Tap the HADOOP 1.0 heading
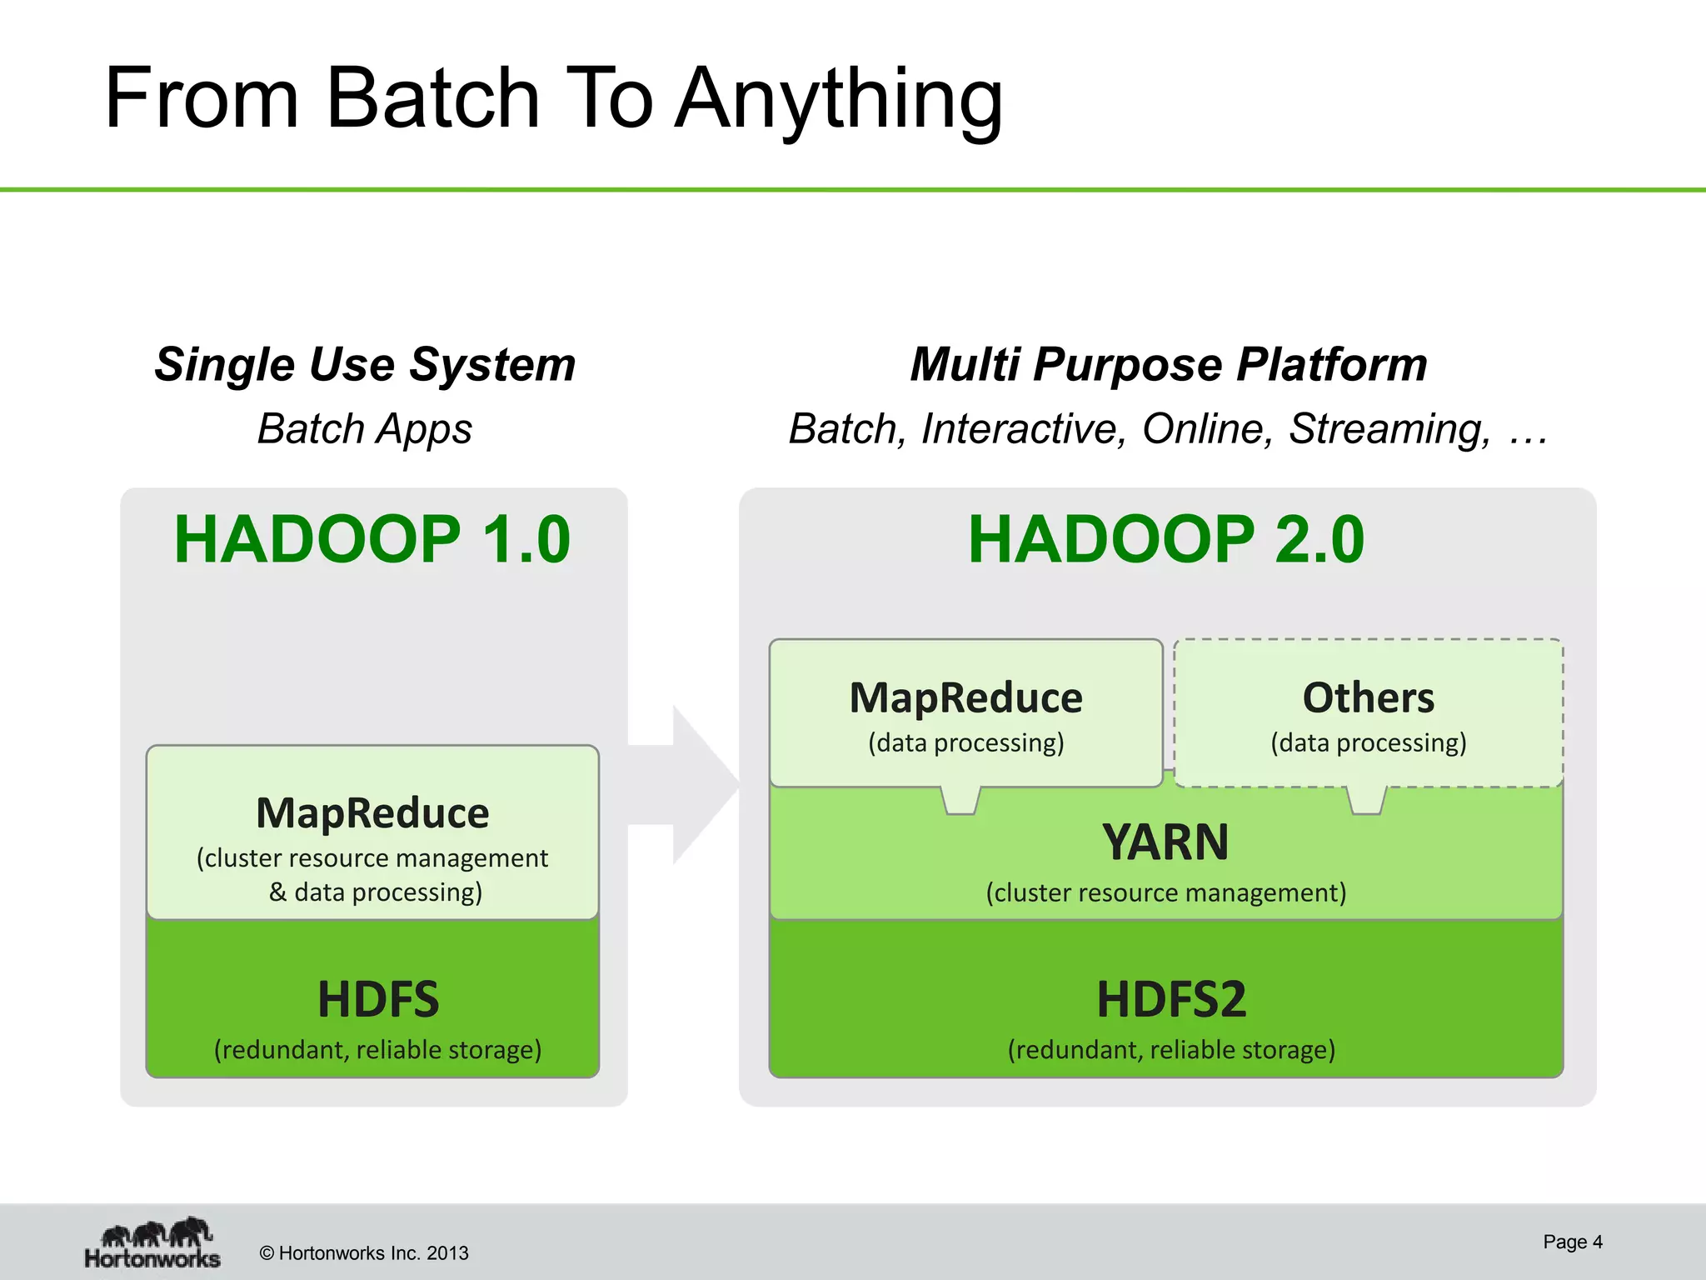tap(372, 539)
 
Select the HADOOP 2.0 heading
tap(1166, 539)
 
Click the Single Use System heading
tap(365, 364)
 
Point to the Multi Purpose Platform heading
tap(1168, 364)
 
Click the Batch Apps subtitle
tap(364, 429)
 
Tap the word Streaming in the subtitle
tap(1389, 429)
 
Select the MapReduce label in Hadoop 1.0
tap(372, 812)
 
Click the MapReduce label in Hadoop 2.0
tap(965, 697)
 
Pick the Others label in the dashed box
tap(1368, 697)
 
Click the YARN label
tap(1165, 842)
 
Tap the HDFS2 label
tap(1170, 999)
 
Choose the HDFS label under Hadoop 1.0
tap(377, 999)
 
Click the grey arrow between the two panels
tap(691, 784)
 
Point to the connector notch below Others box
tap(1366, 800)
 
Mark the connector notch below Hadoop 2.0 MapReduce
tap(960, 800)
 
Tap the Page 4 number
tap(1572, 1242)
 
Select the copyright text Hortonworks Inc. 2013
tap(364, 1253)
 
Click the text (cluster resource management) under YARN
tap(1165, 892)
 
